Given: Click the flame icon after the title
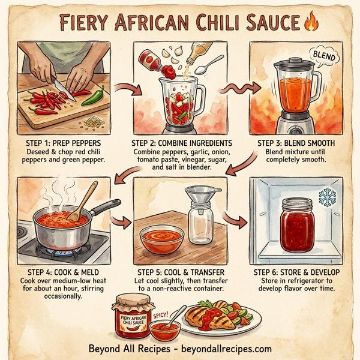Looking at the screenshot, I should point(311,22).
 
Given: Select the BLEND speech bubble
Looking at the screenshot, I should point(320,56).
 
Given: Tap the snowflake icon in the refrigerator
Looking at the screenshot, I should point(328,199).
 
